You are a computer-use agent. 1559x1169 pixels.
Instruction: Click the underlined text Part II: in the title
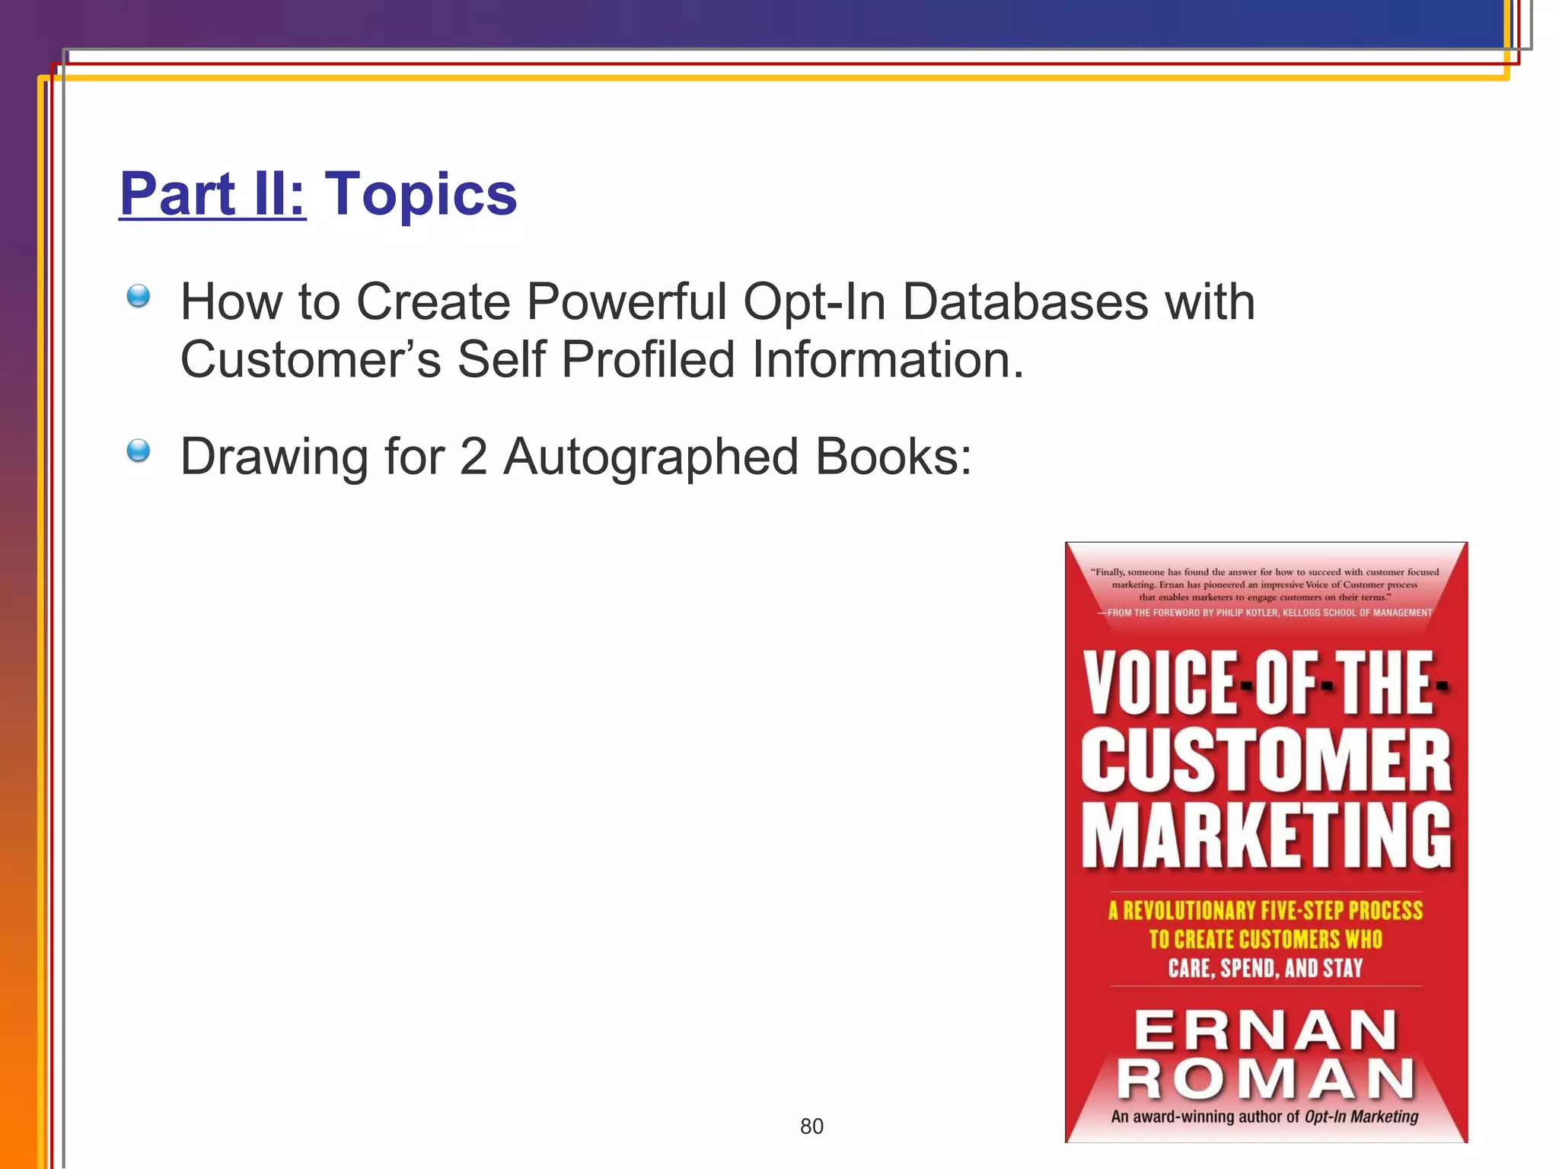212,194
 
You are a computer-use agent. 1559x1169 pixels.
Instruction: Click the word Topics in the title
421,194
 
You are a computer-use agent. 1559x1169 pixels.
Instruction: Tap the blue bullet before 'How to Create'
138,295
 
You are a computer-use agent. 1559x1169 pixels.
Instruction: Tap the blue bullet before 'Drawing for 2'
138,451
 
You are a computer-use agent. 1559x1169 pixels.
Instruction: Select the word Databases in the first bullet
1025,302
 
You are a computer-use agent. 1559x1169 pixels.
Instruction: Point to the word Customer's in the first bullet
310,359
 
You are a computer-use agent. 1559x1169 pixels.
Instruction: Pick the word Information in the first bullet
886,359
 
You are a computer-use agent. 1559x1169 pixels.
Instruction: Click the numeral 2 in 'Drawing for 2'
473,457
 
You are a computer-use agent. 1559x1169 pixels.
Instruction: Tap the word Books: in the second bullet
893,457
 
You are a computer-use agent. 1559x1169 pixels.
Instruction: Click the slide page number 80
811,1126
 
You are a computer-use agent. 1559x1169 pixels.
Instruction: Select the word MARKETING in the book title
1266,835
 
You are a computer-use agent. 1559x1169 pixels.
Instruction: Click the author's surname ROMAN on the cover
1266,1079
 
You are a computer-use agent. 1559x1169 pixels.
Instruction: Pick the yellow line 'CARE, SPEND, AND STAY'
1265,968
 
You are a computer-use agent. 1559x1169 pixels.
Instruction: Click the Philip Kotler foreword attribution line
1265,613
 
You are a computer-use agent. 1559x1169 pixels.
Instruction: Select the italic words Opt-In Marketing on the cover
1361,1116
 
